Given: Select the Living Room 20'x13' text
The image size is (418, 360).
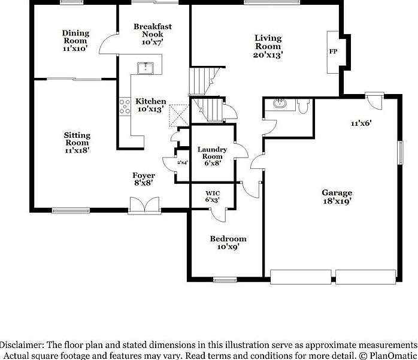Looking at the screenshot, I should click(x=268, y=46).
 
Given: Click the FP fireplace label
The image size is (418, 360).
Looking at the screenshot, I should click(x=333, y=52).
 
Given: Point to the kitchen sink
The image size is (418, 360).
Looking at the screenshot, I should click(x=146, y=67).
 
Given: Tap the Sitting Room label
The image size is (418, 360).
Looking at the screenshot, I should click(x=77, y=143).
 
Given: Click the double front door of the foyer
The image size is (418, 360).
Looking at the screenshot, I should click(x=144, y=205).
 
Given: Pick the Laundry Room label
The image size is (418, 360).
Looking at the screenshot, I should click(x=212, y=156).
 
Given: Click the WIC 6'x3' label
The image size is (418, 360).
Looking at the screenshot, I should click(x=212, y=195).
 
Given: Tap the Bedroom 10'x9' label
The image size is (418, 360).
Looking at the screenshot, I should click(x=228, y=242).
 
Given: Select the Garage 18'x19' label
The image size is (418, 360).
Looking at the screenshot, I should click(x=337, y=196).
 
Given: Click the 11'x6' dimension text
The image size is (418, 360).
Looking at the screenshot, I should click(x=361, y=123).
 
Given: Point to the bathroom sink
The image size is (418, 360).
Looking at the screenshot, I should click(x=278, y=104).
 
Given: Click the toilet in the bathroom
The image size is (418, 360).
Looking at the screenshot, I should click(x=303, y=105).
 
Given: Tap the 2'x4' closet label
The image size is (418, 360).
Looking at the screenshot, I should click(x=181, y=162).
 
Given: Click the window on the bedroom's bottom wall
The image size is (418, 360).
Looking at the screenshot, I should click(x=224, y=279).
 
